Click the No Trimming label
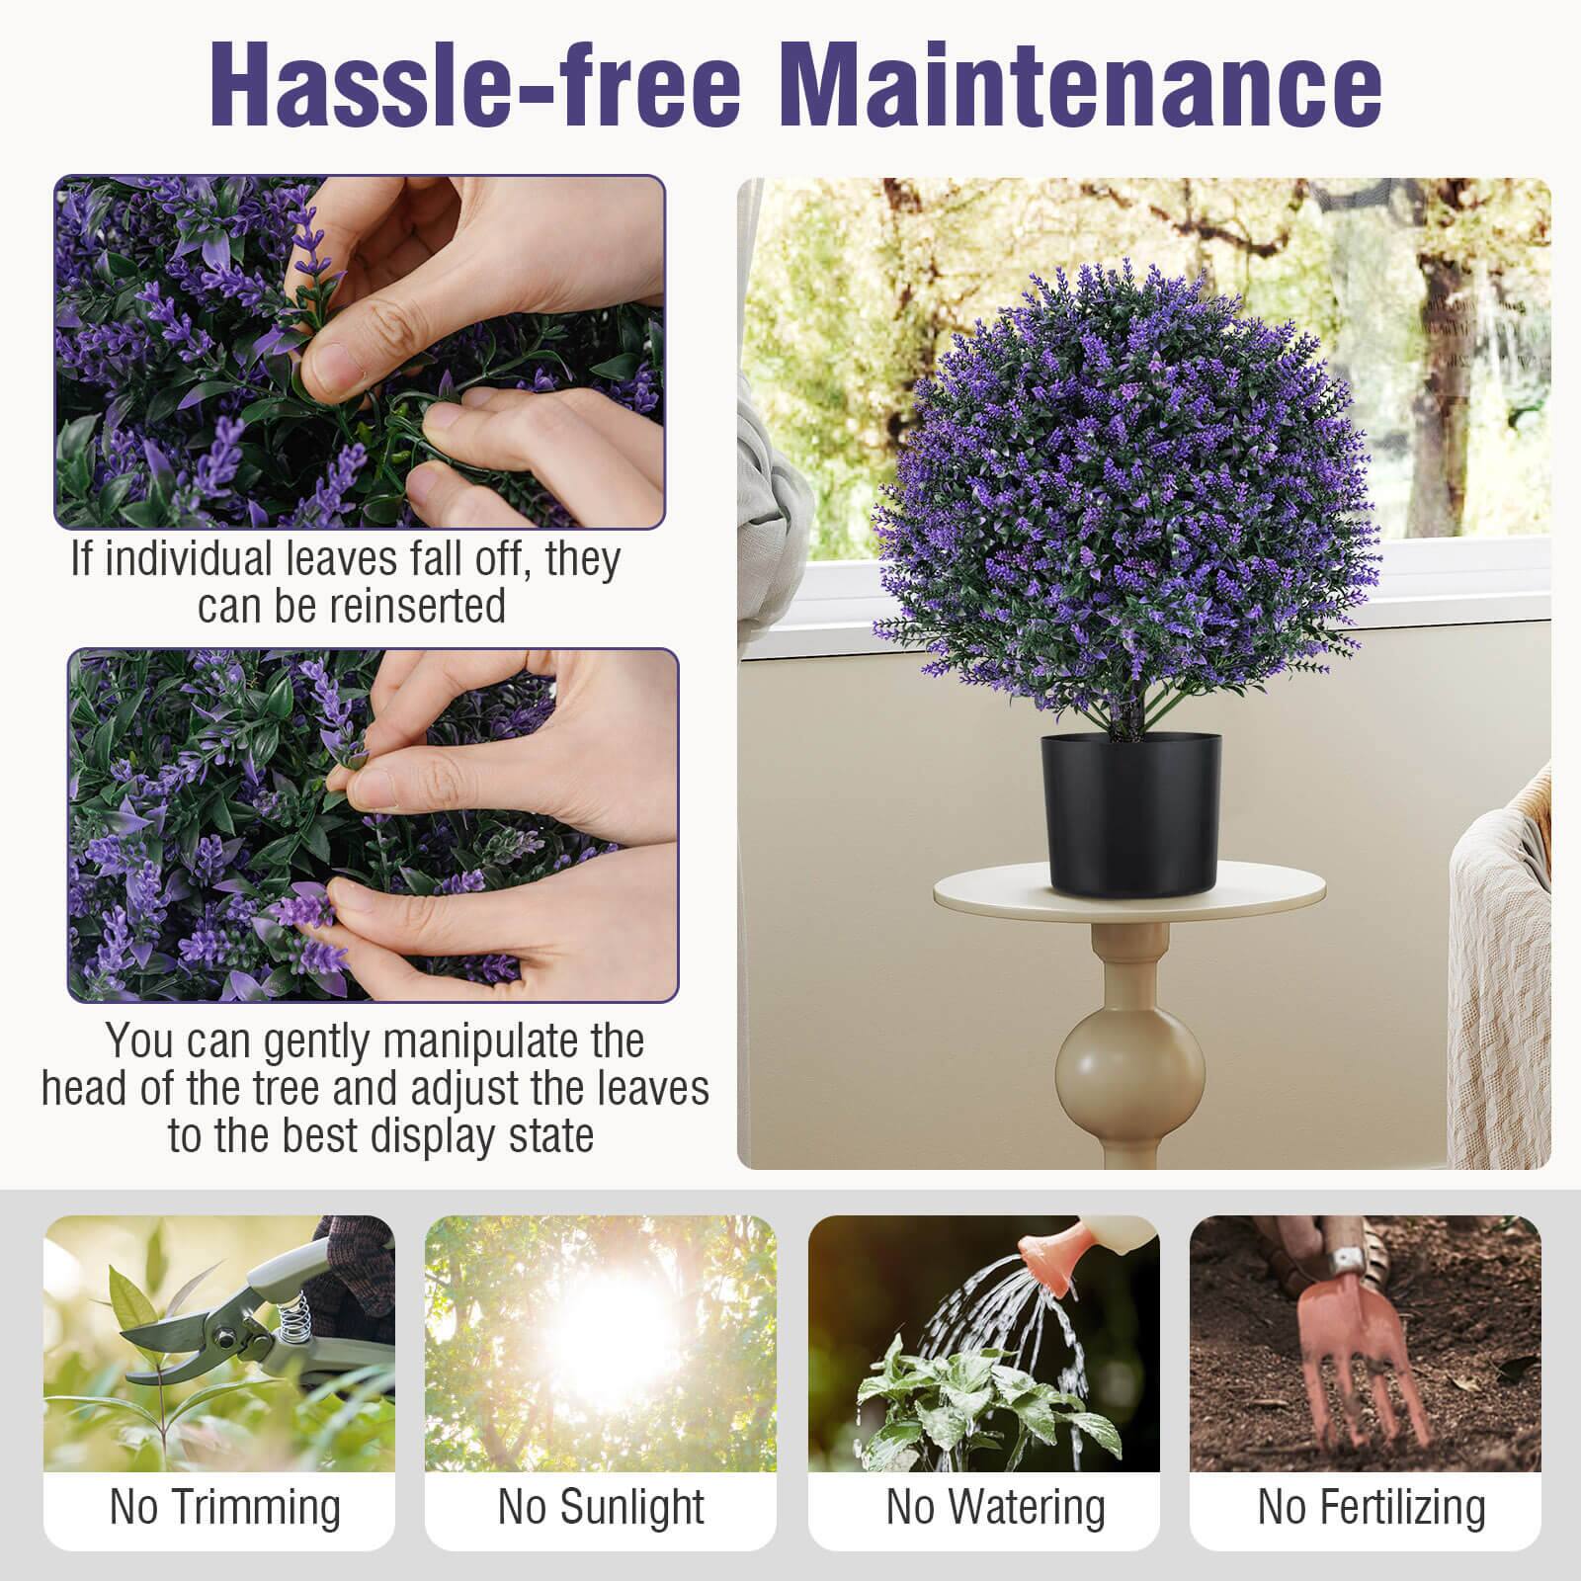point(224,1507)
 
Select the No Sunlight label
point(601,1507)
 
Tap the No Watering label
point(995,1507)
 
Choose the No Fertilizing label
point(1372,1507)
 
